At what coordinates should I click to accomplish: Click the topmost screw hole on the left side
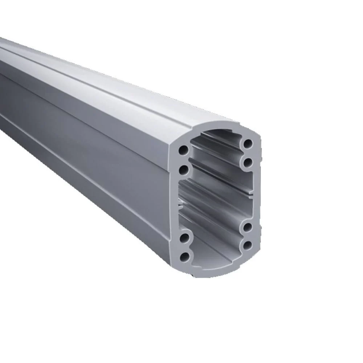tap(184, 150)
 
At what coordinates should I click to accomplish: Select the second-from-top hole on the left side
tap(184, 169)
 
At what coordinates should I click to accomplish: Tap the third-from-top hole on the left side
tap(184, 238)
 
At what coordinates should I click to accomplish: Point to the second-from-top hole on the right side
tap(248, 162)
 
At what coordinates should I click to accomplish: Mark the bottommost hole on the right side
tap(248, 246)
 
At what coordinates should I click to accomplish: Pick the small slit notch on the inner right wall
tap(250, 196)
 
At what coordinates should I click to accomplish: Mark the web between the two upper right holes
tap(248, 153)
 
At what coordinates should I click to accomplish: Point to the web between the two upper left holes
tap(184, 159)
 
